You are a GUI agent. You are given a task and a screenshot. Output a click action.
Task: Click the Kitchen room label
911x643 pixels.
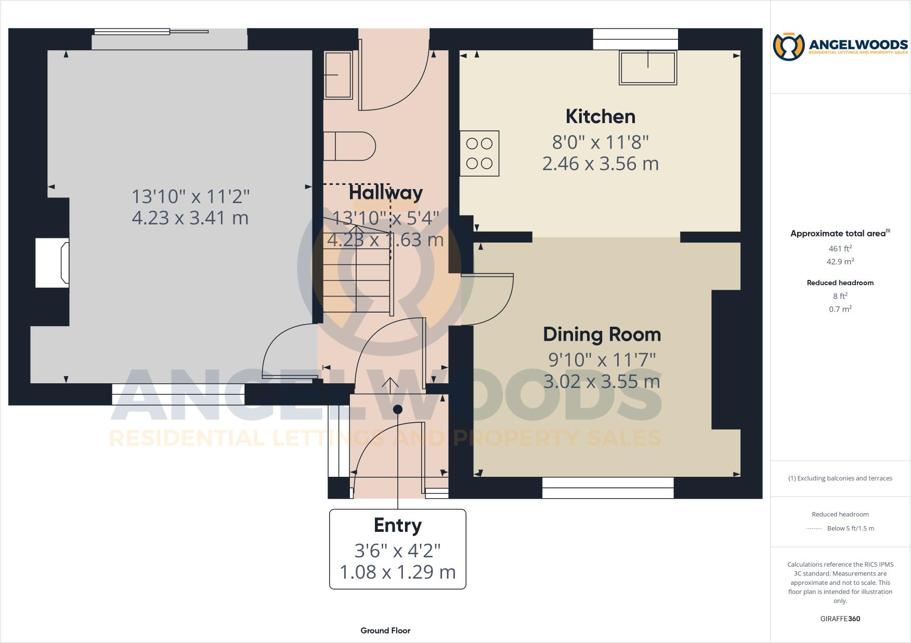pyautogui.click(x=600, y=116)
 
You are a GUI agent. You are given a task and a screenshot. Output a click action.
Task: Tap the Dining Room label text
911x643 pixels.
pyautogui.click(x=602, y=334)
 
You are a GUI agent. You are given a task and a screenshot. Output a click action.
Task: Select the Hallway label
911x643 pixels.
pyautogui.click(x=385, y=193)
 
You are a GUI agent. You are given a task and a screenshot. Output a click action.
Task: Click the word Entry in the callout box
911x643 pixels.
pyautogui.click(x=397, y=525)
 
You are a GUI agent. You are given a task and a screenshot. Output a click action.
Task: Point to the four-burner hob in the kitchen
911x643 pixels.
pyautogui.click(x=479, y=153)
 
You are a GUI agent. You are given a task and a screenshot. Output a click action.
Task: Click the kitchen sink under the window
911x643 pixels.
pyautogui.click(x=647, y=68)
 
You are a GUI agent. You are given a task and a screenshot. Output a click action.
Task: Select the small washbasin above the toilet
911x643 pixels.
pyautogui.click(x=338, y=75)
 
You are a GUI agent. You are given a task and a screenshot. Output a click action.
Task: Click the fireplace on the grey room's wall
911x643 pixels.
pyautogui.click(x=53, y=263)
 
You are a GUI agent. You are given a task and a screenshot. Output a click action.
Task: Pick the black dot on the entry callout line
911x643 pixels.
pyautogui.click(x=398, y=409)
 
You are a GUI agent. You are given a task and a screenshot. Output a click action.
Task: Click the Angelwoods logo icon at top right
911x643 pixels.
pyautogui.click(x=788, y=47)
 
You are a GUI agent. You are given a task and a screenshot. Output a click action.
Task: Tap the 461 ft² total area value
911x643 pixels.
pyautogui.click(x=840, y=249)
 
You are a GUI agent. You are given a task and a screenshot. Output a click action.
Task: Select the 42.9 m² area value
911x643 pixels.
pyautogui.click(x=840, y=262)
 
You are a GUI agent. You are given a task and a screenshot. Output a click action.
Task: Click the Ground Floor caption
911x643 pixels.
pyautogui.click(x=385, y=631)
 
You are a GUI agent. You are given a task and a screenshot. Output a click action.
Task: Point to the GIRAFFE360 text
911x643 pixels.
pyautogui.click(x=840, y=619)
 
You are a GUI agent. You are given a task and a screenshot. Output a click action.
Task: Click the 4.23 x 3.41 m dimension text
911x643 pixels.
pyautogui.click(x=190, y=218)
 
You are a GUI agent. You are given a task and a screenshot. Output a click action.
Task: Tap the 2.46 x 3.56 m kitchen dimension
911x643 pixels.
pyautogui.click(x=600, y=164)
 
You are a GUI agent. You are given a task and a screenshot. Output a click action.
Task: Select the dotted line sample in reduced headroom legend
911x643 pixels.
pyautogui.click(x=814, y=529)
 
